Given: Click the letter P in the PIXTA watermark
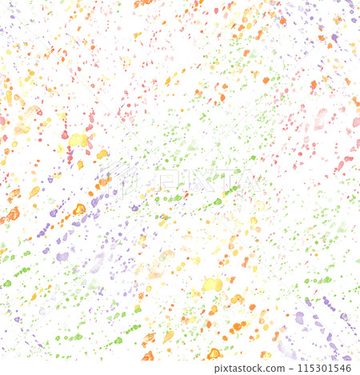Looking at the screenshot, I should tap(165, 181).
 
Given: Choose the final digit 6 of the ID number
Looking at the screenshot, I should tap(350, 368).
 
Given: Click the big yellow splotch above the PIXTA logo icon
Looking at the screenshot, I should tap(78, 140).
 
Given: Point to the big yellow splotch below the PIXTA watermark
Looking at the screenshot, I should tap(212, 284).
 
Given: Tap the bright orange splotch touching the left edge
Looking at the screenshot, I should tap(10, 215).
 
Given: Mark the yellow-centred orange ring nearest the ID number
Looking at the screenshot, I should tap(214, 353).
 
